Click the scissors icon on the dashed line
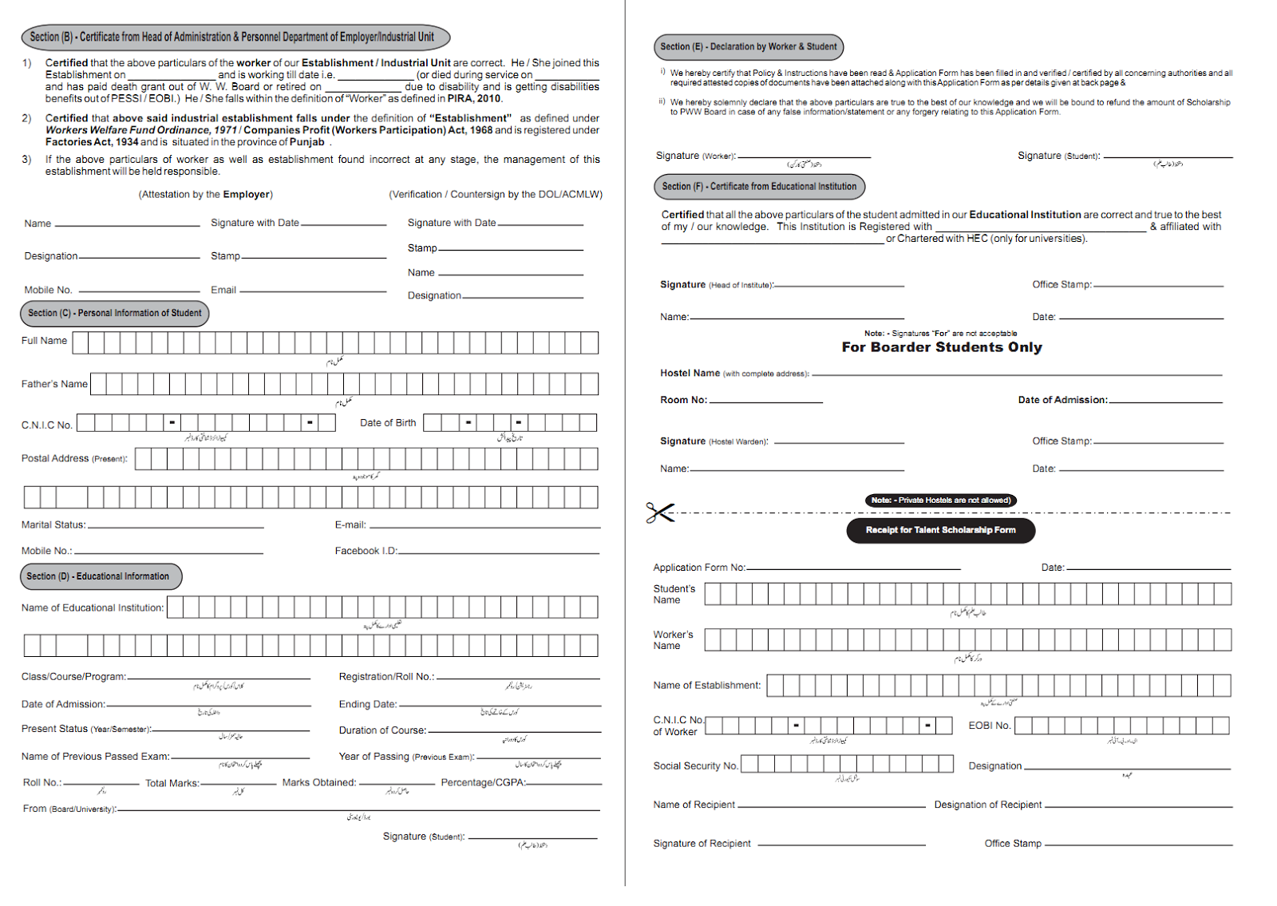coord(660,512)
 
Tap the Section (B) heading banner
coord(235,37)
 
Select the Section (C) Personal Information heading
coord(114,313)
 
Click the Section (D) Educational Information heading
coord(101,576)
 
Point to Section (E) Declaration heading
coord(748,47)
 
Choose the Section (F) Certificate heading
coord(758,187)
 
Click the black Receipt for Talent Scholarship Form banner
coord(940,530)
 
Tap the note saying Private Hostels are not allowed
coord(940,500)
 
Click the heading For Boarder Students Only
coord(942,347)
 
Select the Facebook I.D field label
coord(366,551)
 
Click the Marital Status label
coord(53,524)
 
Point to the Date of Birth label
coord(388,422)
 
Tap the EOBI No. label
coord(990,726)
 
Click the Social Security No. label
coord(696,766)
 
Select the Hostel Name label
coord(690,373)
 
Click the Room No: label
coord(683,400)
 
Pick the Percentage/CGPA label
coord(483,782)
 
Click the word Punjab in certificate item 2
coord(307,142)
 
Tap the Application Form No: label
coord(699,568)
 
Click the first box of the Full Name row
coord(80,343)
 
